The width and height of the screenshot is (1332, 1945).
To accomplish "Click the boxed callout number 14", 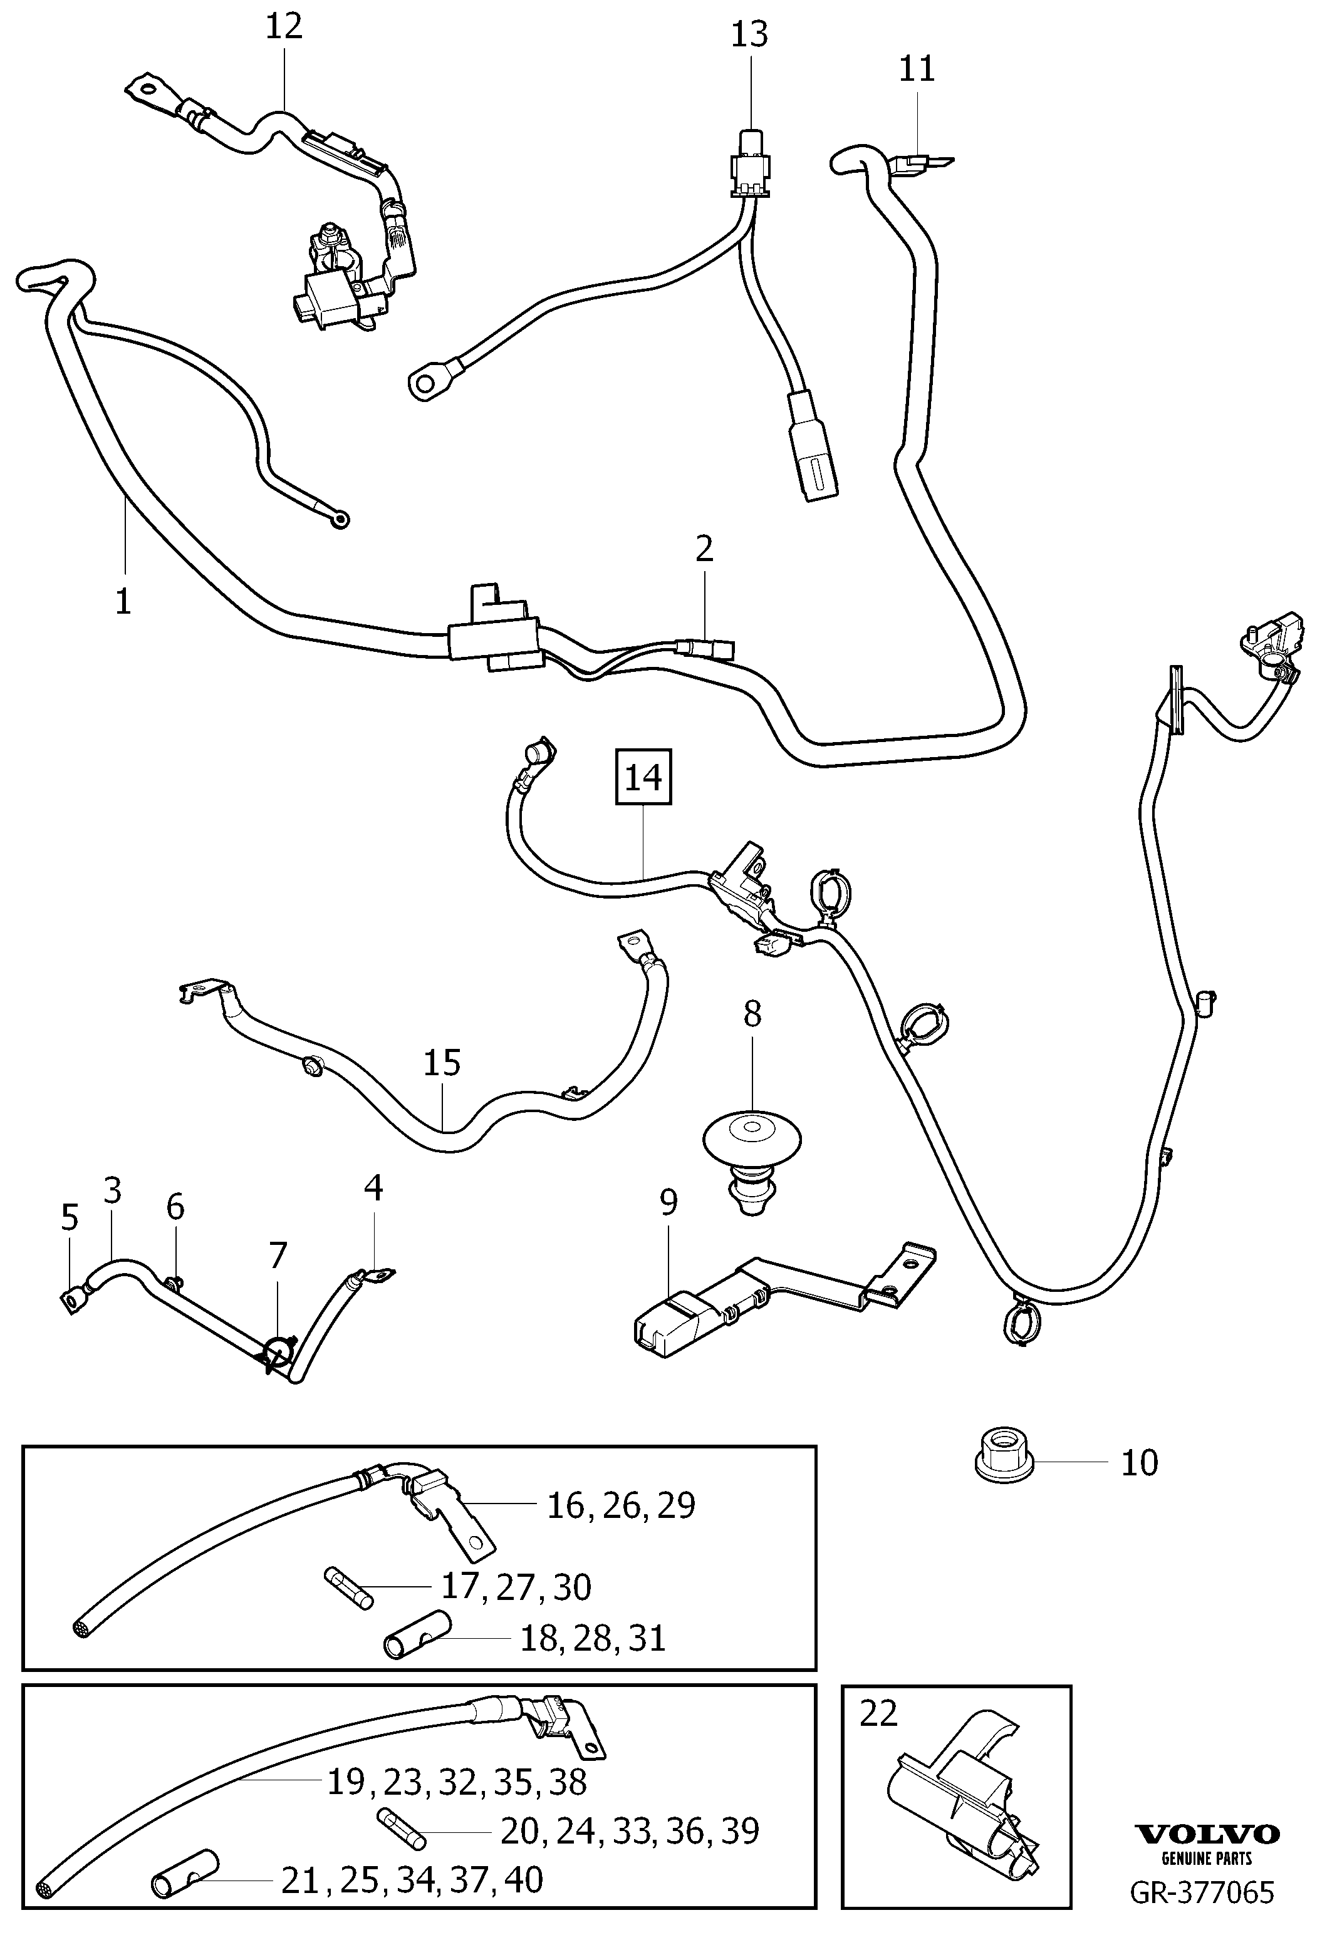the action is tap(643, 778).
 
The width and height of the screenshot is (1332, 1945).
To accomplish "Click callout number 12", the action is tap(284, 27).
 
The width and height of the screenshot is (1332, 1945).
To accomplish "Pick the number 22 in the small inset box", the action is tap(878, 1714).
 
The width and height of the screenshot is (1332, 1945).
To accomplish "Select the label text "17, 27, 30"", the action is tap(516, 1587).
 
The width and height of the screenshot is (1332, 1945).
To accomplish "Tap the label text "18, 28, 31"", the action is tap(593, 1638).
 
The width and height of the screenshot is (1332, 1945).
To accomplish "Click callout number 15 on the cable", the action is tap(442, 1063).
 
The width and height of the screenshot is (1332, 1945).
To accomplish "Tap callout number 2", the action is tap(704, 548).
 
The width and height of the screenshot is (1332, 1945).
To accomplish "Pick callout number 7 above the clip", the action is tap(278, 1256).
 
